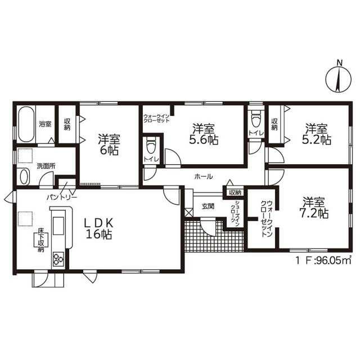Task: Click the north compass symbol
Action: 339,78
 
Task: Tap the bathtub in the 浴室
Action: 26,124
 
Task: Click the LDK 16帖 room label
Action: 99,228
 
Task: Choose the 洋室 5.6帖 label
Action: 204,134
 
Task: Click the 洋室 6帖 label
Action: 109,145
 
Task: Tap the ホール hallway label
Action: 204,177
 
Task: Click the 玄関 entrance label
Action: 208,206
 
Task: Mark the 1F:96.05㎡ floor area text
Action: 324,260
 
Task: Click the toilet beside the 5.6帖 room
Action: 151,145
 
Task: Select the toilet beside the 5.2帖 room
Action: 256,119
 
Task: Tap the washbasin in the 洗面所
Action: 24,177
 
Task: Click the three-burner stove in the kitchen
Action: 58,259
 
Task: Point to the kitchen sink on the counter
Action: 58,226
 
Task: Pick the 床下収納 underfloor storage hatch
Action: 41,240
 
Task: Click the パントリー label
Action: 62,197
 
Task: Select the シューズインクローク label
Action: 236,211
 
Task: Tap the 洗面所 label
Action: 46,166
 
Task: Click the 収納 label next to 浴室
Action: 67,124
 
